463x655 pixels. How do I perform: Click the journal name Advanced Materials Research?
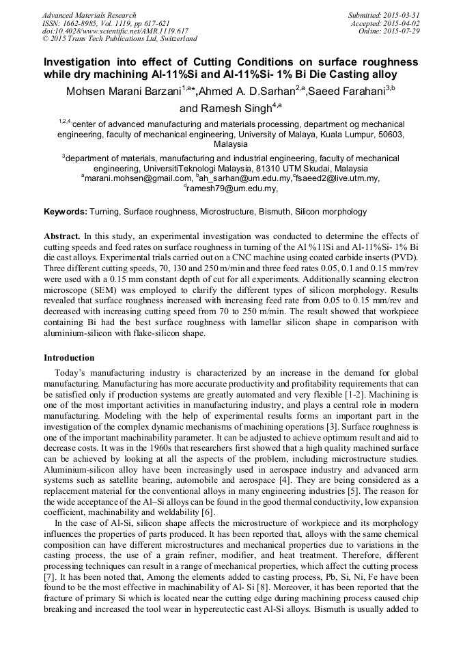click(x=89, y=15)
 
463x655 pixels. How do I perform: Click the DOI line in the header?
click(x=115, y=31)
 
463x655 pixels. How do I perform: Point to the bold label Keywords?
click(x=66, y=212)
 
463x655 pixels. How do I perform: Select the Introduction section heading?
click(x=69, y=358)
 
